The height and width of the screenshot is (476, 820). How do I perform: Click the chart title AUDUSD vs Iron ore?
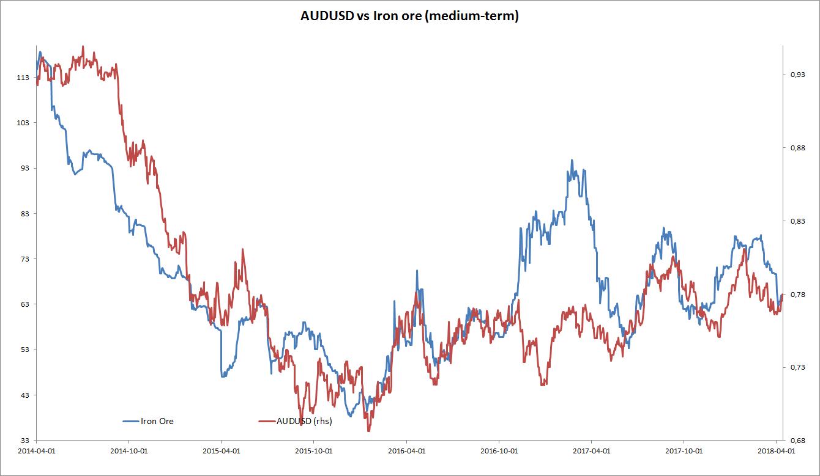pyautogui.click(x=409, y=16)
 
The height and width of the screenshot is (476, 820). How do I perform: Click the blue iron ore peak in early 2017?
pyautogui.click(x=572, y=161)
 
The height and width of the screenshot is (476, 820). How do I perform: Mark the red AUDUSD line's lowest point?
pyautogui.click(x=368, y=431)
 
